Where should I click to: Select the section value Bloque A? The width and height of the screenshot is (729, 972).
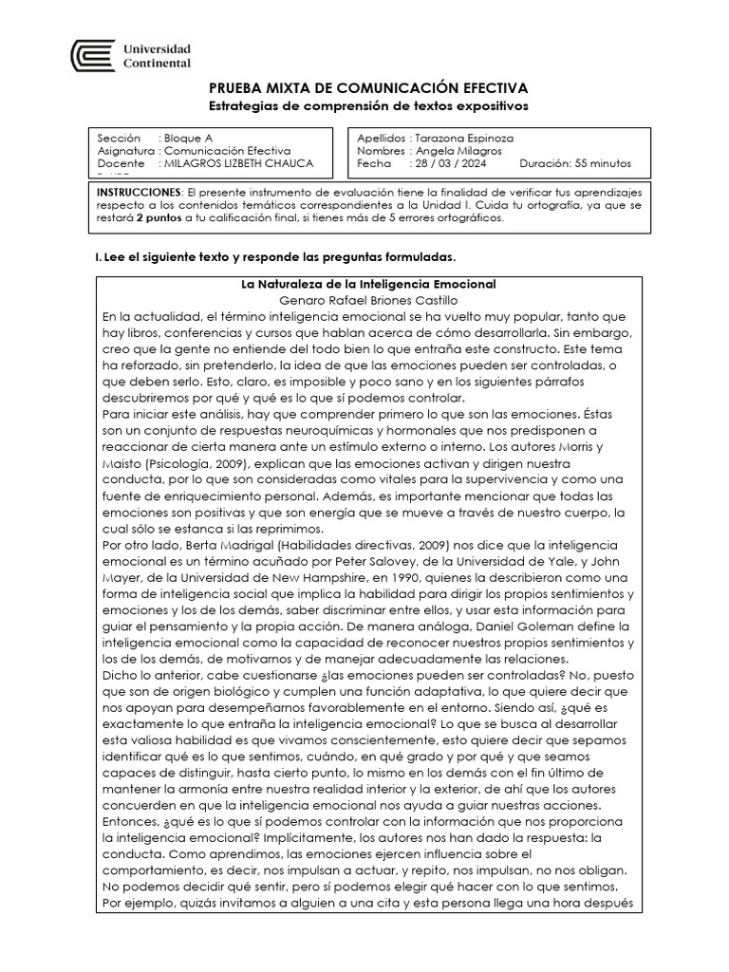188,138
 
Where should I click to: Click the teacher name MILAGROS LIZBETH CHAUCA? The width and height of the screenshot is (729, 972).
238,163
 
